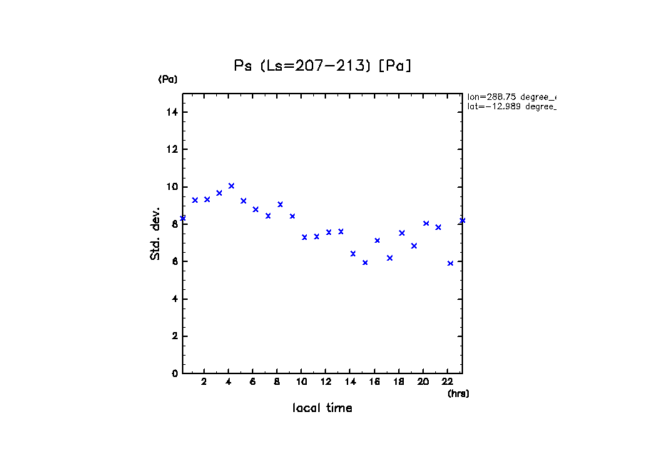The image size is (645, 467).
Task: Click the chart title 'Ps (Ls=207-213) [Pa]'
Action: coord(322,66)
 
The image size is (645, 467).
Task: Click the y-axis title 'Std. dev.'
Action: coord(156,234)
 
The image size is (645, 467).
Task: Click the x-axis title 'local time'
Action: coord(322,408)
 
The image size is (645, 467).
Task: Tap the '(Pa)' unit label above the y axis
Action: coord(168,79)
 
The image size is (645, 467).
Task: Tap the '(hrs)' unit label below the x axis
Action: coord(458,393)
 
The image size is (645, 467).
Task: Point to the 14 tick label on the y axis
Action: coord(171,112)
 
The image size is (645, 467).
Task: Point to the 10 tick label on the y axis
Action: coord(171,187)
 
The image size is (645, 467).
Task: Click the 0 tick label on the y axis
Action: coord(174,373)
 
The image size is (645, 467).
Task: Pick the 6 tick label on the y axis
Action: coord(174,261)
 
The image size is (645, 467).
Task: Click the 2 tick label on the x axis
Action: coord(204,381)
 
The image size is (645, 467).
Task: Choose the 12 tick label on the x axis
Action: coord(326,381)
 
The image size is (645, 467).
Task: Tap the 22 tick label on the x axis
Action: coord(448,381)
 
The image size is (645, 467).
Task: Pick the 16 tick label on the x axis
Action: coord(375,381)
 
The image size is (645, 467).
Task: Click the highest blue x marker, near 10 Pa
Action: coord(231,186)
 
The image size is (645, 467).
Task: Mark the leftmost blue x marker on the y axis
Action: coord(183,218)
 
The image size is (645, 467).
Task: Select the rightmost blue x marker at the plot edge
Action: coord(462,220)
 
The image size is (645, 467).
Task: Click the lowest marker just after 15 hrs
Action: coord(365,262)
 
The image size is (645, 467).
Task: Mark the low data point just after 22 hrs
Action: coord(450,263)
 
